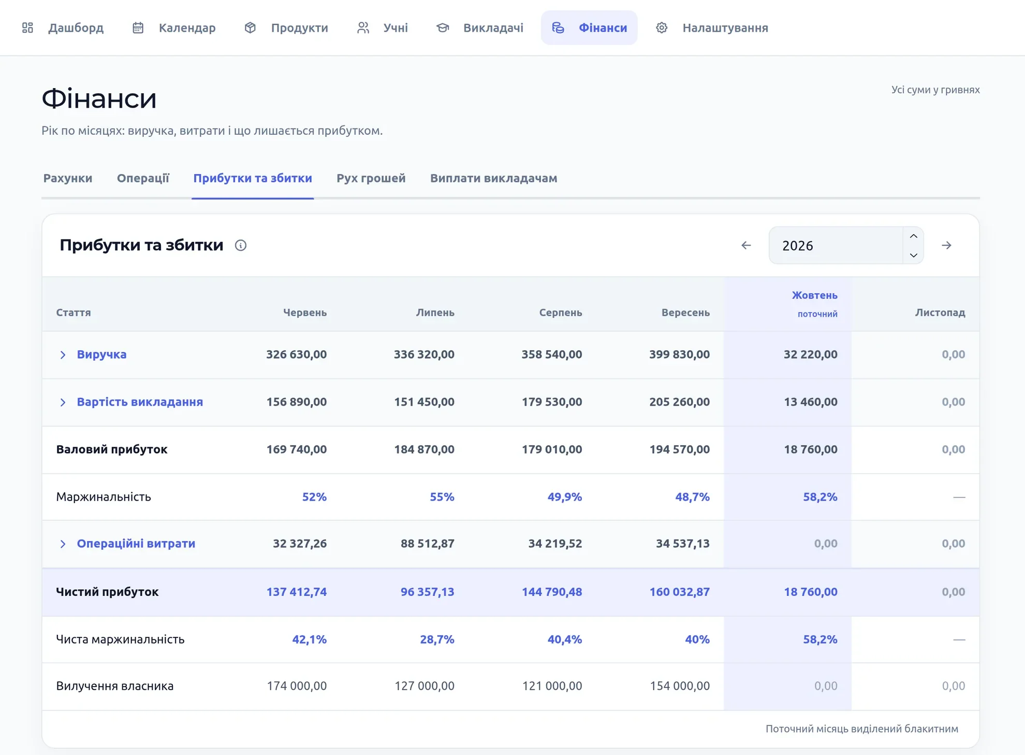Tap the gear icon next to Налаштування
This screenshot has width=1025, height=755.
(662, 27)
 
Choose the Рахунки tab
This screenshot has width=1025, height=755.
(68, 178)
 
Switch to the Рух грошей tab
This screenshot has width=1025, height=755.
(371, 178)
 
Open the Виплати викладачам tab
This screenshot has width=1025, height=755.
(494, 178)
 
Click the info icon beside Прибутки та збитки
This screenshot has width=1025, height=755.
(241, 245)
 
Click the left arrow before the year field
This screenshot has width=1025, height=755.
(746, 245)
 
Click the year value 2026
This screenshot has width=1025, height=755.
(798, 246)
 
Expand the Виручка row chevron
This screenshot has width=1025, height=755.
(63, 354)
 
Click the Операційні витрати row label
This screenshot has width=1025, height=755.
(136, 544)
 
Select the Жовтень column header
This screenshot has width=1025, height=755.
(815, 295)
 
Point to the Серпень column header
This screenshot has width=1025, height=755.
(561, 312)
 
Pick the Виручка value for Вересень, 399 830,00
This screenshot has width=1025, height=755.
(680, 354)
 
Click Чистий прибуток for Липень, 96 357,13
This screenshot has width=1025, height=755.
(428, 592)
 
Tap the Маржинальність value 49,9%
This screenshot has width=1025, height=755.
(565, 497)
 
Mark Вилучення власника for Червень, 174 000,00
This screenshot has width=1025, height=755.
(297, 686)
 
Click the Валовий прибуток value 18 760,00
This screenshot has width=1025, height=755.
(811, 449)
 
